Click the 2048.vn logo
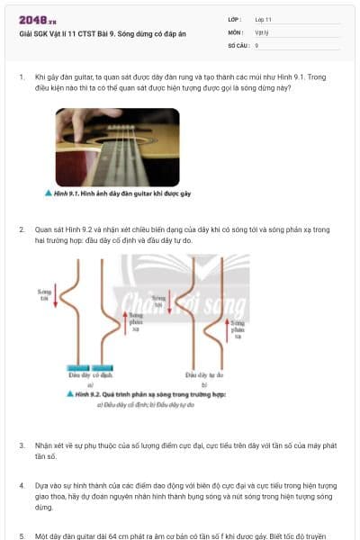38,20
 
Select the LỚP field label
235,18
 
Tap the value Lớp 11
263,18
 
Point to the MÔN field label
236,31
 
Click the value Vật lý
262,31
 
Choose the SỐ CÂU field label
238,44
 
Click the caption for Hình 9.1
118,193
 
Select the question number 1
22,77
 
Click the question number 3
22,445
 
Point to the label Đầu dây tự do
204,373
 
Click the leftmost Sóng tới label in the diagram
44,294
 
